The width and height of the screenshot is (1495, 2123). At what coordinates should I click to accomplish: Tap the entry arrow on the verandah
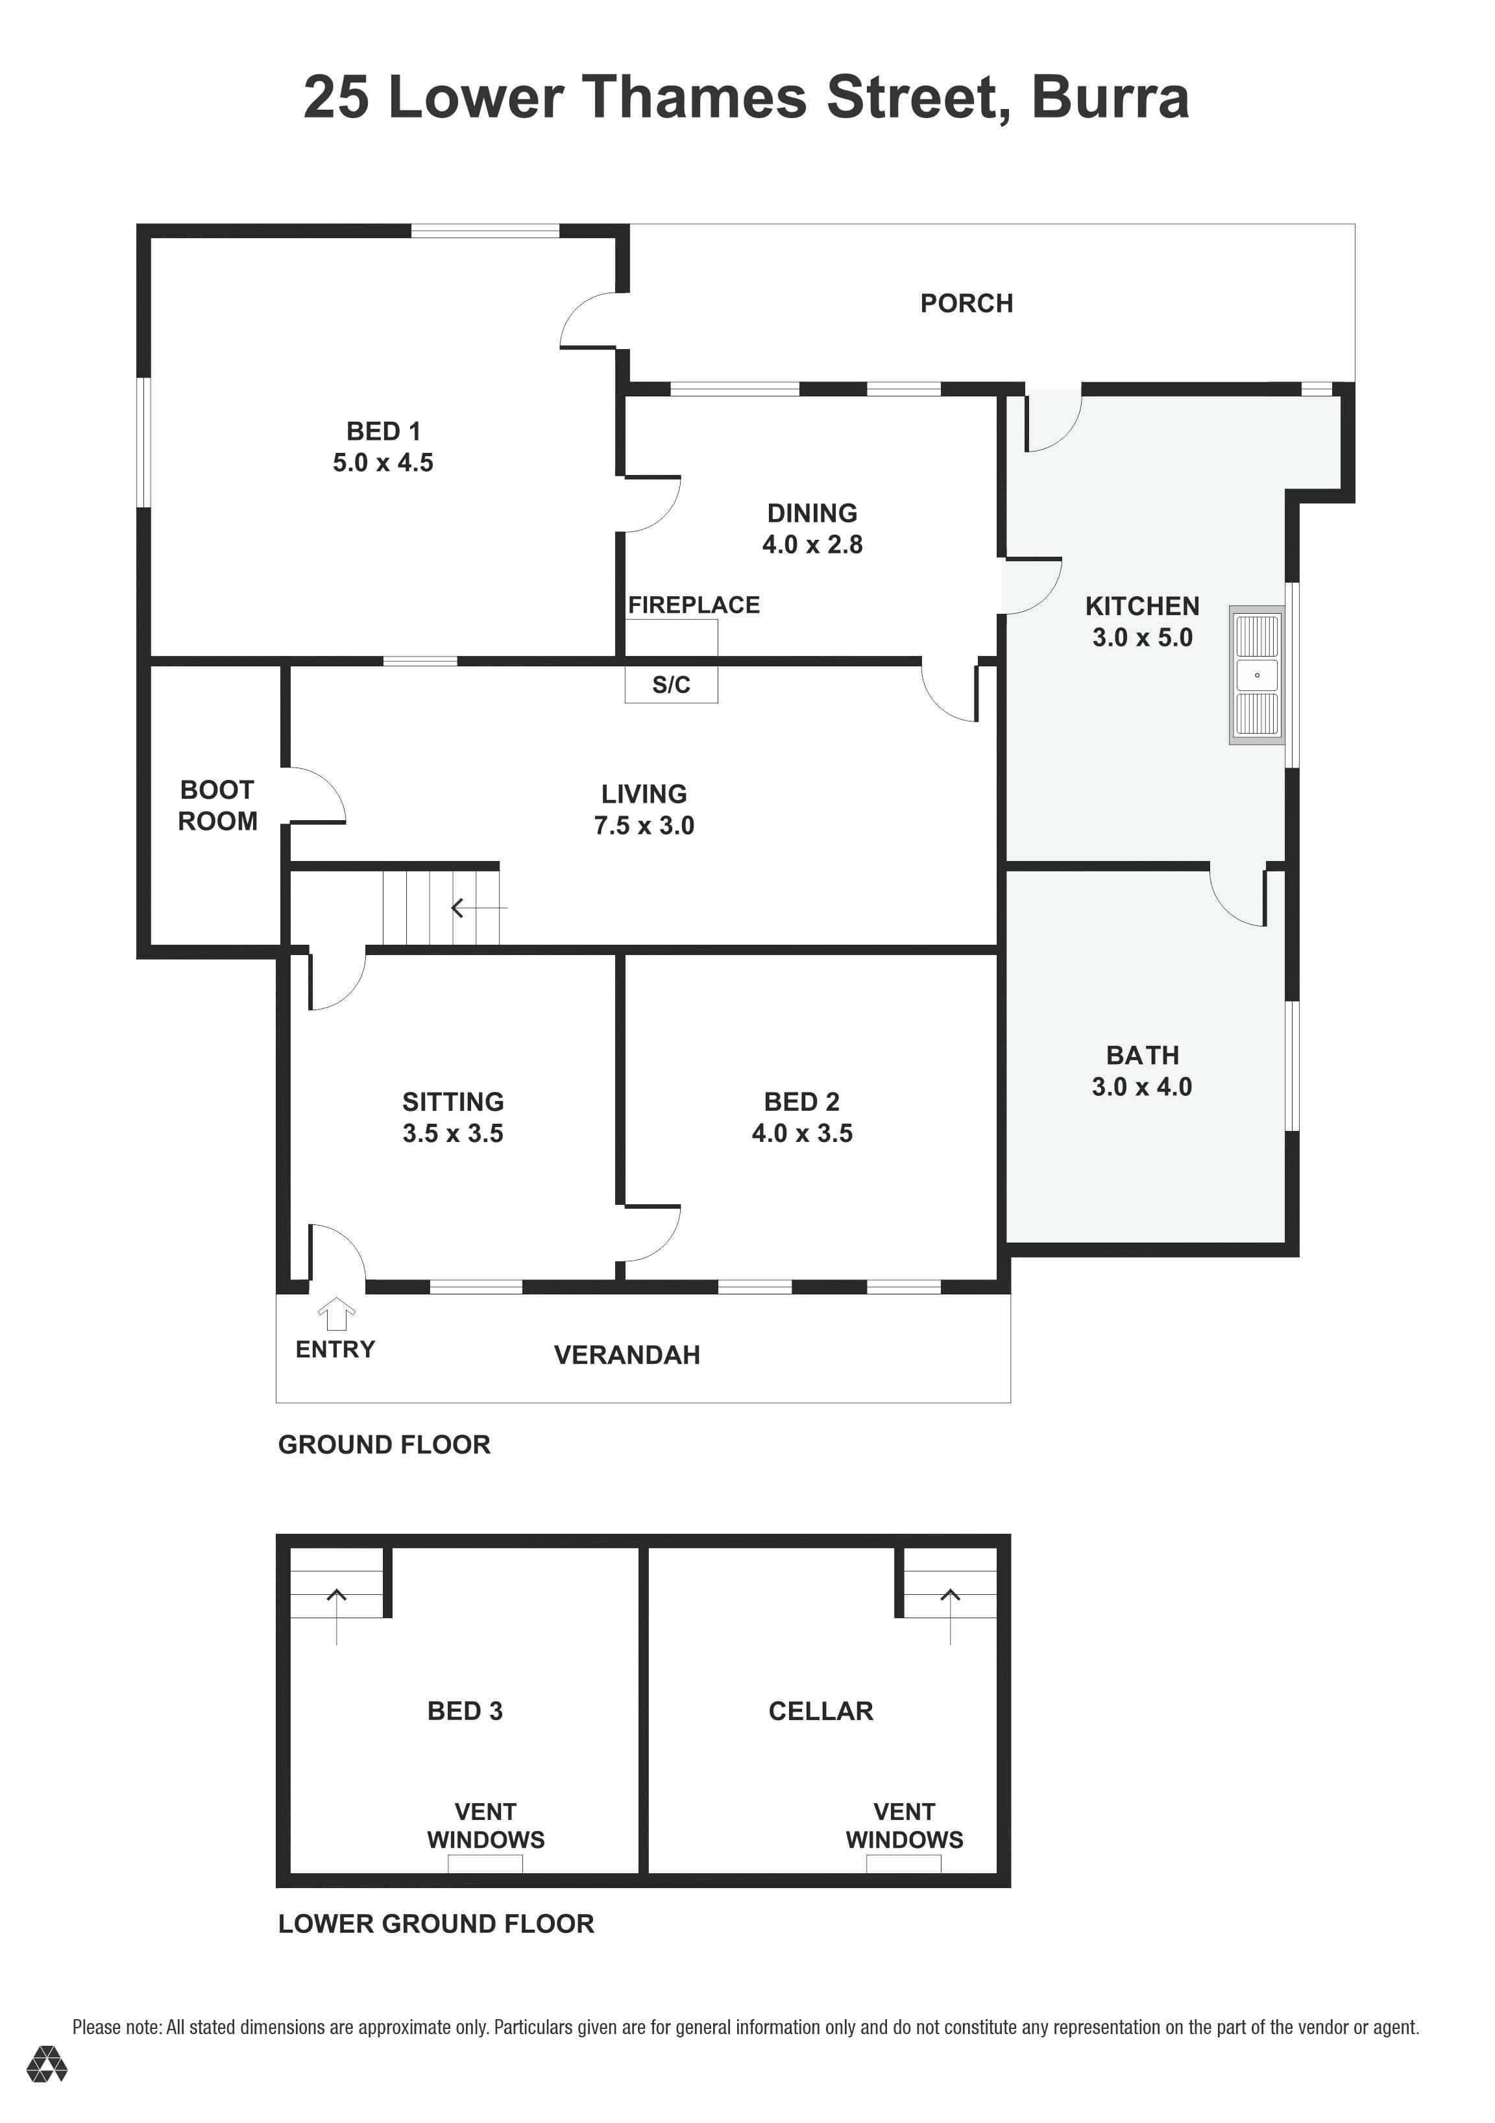point(337,1313)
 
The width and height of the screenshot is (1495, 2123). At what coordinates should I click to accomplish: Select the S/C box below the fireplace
point(671,685)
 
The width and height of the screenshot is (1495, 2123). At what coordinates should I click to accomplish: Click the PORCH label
point(966,303)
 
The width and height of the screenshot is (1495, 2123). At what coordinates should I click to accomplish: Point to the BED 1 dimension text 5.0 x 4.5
point(383,463)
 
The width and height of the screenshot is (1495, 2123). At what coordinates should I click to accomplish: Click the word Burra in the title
point(1110,98)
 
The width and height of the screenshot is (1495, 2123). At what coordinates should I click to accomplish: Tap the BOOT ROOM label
point(217,805)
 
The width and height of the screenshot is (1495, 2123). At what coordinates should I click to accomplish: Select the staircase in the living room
point(442,908)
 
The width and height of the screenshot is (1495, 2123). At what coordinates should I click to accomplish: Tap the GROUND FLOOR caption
point(383,1445)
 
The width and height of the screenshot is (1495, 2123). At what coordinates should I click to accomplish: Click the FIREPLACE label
point(694,605)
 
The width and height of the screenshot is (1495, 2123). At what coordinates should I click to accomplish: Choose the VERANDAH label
point(627,1355)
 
